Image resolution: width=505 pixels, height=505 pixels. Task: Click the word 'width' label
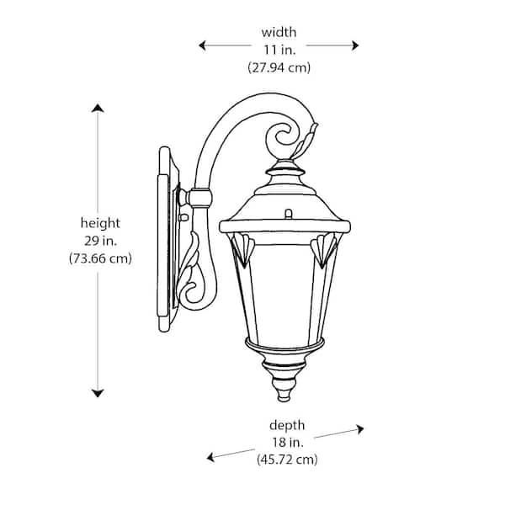279,32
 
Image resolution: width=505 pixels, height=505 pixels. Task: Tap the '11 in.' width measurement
279,50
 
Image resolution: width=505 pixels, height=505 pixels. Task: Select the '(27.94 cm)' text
279,68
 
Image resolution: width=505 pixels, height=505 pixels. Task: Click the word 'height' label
100,223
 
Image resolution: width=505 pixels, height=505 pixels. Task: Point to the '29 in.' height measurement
100,241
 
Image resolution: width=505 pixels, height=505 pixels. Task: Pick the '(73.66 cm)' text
100,258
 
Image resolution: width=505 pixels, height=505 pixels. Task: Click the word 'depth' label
287,425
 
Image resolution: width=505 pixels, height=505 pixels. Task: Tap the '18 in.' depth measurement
287,443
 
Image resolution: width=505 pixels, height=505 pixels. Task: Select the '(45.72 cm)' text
287,460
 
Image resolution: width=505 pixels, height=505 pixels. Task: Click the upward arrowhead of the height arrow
98,109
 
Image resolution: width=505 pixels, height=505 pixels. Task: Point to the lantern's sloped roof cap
285,206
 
